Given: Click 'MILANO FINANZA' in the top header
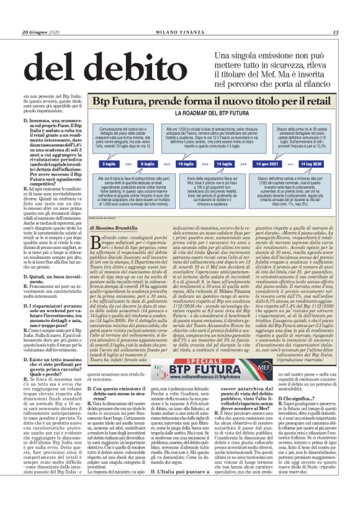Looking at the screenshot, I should (181, 32).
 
